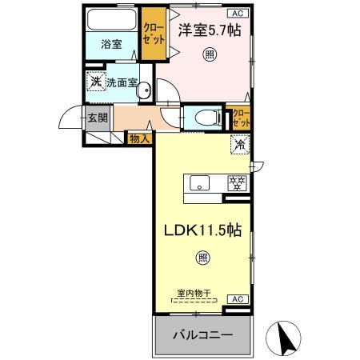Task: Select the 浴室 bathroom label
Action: pyautogui.click(x=112, y=45)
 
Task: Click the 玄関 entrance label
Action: pyautogui.click(x=97, y=119)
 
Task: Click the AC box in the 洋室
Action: pyautogui.click(x=238, y=14)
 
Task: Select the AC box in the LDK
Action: pyautogui.click(x=237, y=298)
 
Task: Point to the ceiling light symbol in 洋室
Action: pyautogui.click(x=210, y=54)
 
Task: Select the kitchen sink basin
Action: pyautogui.click(x=198, y=182)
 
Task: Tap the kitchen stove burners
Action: pyautogui.click(x=237, y=182)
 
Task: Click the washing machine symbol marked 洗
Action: pyautogui.click(x=95, y=81)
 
